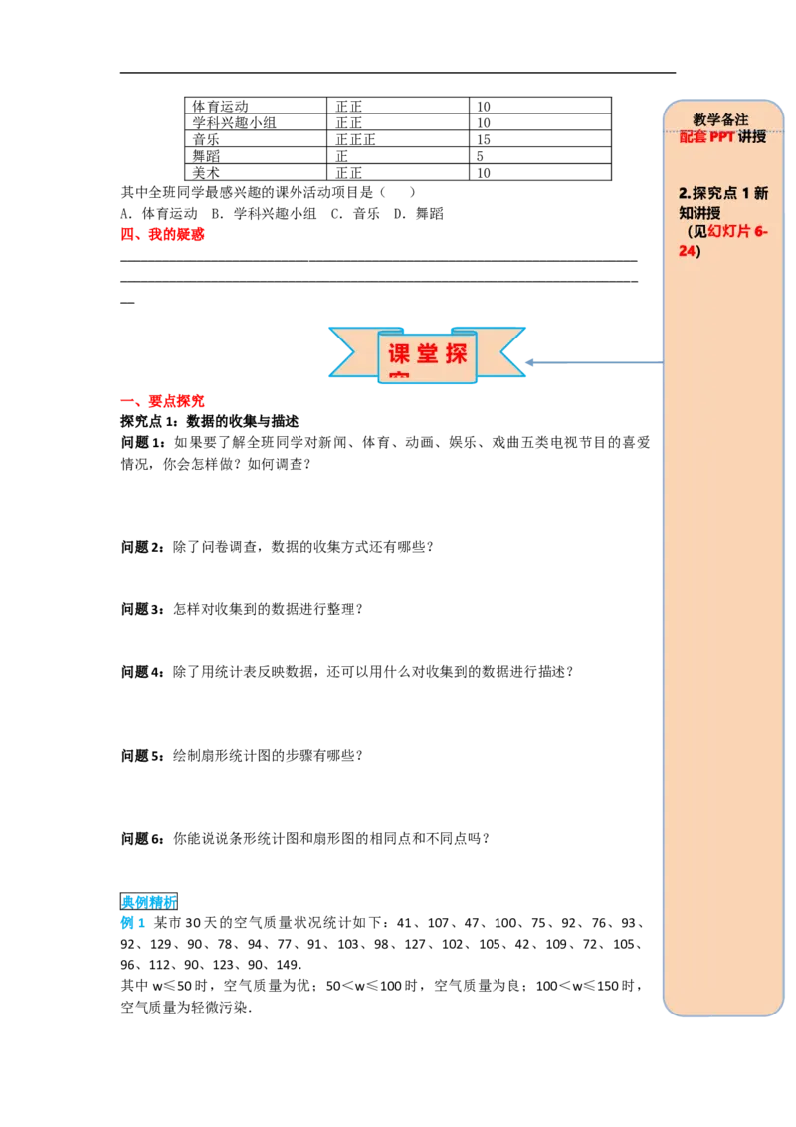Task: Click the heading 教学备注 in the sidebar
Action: pos(720,119)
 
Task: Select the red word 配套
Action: pos(693,137)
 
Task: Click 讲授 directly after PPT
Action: pos(752,137)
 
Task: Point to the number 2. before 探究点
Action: pos(684,193)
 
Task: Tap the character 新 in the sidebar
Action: pos(761,193)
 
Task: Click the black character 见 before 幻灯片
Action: pos(700,233)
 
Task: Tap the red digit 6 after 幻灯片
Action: pos(759,233)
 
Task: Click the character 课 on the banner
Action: pos(399,355)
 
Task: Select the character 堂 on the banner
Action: pos(428,355)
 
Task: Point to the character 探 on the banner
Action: pos(457,355)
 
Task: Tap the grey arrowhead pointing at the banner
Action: pos(530,361)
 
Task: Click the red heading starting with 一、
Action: pos(163,402)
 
